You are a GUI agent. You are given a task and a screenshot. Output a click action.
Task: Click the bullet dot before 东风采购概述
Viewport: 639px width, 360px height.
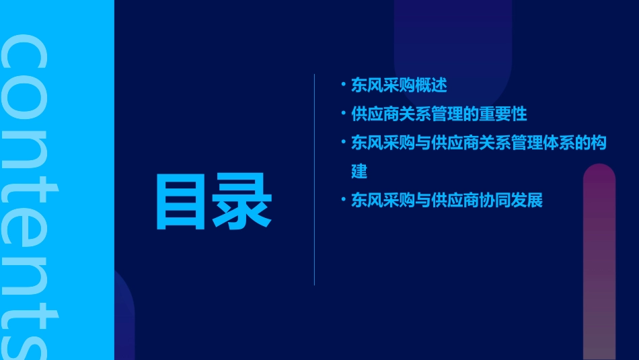tap(343, 85)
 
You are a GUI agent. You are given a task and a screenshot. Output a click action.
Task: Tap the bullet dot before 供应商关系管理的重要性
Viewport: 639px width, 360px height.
tap(343, 113)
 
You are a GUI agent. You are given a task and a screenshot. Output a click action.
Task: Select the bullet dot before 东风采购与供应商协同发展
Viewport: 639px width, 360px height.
tap(343, 200)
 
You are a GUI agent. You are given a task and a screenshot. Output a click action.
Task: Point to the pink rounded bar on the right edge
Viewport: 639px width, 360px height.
tap(599, 262)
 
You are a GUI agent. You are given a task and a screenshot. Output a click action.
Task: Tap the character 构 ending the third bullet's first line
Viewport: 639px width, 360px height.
tap(599, 143)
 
